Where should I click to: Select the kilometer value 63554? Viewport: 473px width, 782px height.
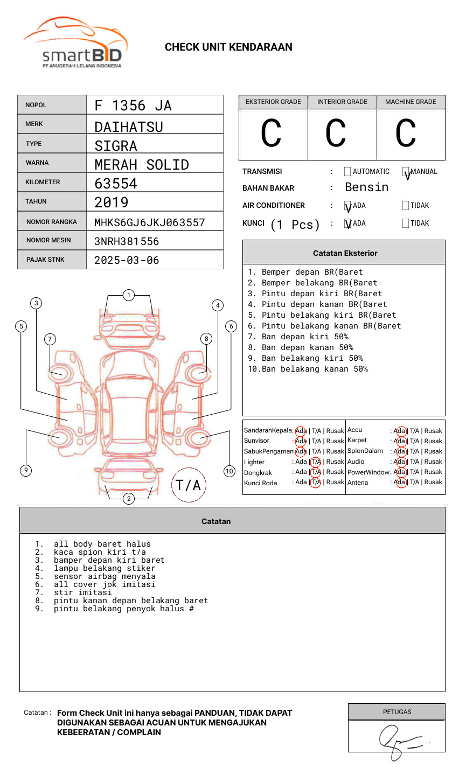(116, 184)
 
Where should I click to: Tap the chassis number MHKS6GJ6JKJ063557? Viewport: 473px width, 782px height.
(150, 222)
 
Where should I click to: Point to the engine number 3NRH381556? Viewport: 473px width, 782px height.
(127, 241)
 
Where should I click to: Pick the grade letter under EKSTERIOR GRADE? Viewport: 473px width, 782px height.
(271, 134)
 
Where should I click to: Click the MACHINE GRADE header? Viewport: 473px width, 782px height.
(411, 102)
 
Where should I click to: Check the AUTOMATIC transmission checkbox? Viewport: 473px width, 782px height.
(347, 172)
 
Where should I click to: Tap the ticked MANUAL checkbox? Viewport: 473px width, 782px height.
(406, 172)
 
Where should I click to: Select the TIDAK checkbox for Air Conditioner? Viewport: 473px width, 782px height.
(406, 206)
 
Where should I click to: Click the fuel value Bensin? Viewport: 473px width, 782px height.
(366, 187)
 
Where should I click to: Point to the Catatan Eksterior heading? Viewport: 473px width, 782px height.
(345, 253)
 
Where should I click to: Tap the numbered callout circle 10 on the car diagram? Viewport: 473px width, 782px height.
(229, 471)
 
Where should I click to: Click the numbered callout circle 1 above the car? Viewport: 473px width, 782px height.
(128, 295)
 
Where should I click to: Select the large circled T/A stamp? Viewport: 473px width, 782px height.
(189, 485)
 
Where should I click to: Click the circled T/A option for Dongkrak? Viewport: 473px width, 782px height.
(316, 472)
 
